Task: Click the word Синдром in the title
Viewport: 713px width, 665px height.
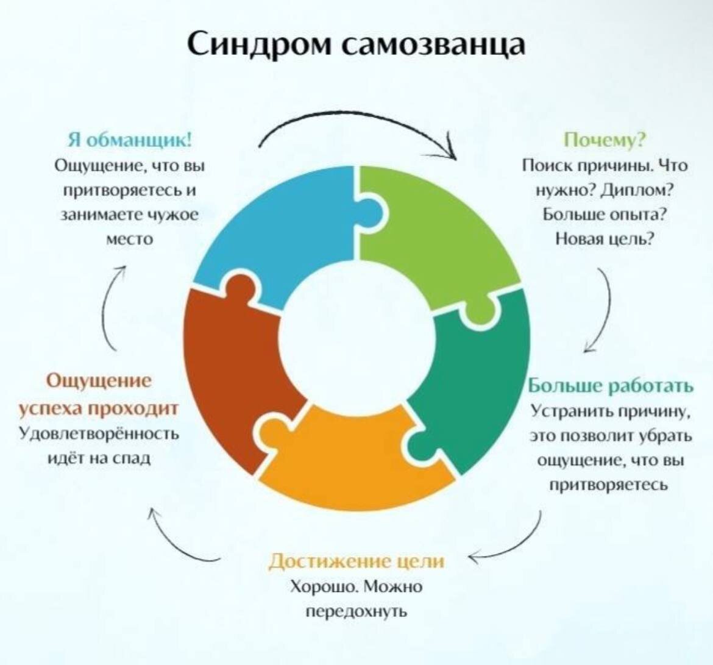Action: [259, 44]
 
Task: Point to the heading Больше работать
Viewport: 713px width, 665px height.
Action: [610, 386]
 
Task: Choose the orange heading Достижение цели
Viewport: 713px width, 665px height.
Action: [357, 561]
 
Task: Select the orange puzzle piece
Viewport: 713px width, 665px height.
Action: [353, 463]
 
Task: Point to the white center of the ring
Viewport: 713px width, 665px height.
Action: [357, 338]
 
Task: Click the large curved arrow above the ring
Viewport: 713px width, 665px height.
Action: [360, 131]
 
